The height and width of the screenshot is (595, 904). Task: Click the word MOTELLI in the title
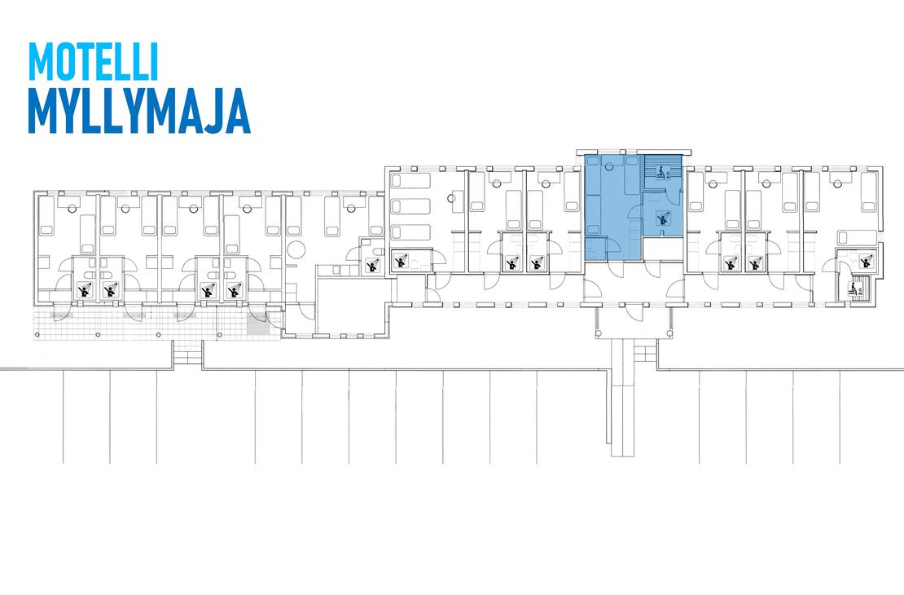click(93, 62)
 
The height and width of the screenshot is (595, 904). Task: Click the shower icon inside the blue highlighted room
click(663, 218)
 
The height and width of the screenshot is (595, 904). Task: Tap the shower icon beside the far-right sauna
click(865, 260)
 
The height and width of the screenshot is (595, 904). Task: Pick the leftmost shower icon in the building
click(86, 289)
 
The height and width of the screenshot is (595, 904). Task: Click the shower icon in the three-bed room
click(402, 261)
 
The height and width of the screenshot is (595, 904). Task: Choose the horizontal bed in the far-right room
click(857, 237)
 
